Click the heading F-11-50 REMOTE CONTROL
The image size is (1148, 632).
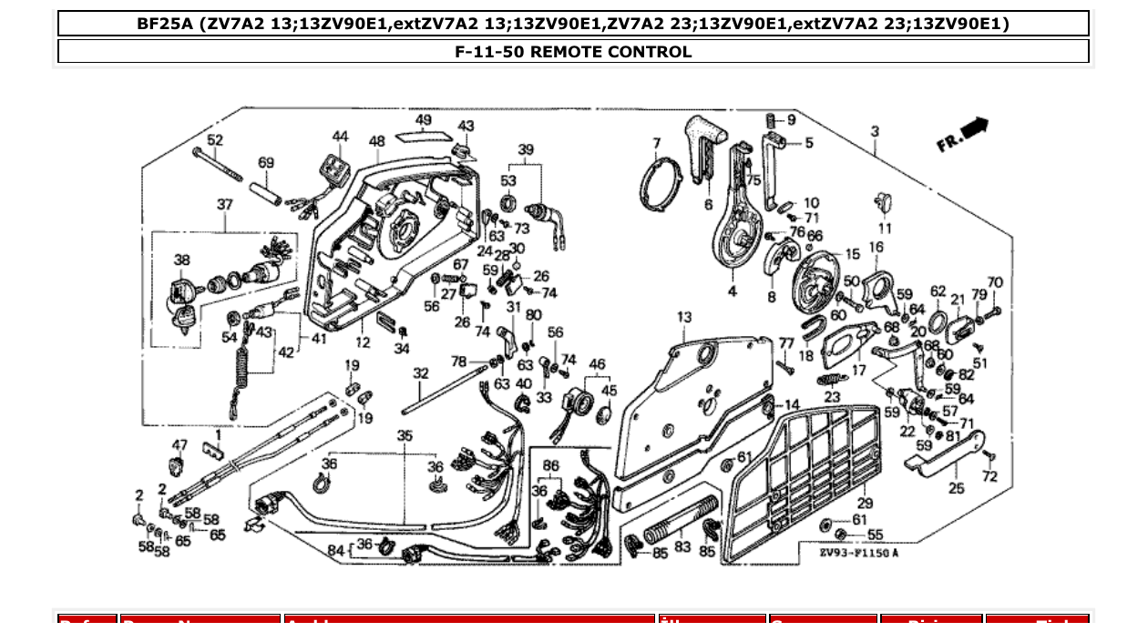click(x=573, y=52)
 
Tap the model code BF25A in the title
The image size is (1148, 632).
click(x=165, y=24)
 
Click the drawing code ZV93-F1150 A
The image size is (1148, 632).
click(x=858, y=553)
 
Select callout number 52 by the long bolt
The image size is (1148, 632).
click(x=214, y=140)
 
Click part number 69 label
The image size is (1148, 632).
click(x=265, y=163)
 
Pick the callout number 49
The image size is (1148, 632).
click(x=424, y=120)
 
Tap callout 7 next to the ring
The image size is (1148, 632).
click(x=656, y=143)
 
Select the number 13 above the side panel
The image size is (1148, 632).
click(x=684, y=318)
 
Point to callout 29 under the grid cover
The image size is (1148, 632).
click(x=865, y=503)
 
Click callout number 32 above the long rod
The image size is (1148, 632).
click(x=420, y=373)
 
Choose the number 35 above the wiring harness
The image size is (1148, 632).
click(x=405, y=436)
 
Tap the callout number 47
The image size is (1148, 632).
click(x=179, y=445)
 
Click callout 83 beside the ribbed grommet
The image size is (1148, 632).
click(x=682, y=547)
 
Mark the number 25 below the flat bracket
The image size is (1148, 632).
click(x=956, y=488)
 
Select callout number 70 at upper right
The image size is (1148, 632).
click(x=995, y=283)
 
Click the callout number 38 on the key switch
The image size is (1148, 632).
click(x=182, y=260)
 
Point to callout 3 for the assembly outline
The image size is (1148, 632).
click(x=875, y=132)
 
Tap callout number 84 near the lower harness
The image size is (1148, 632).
click(x=335, y=550)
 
